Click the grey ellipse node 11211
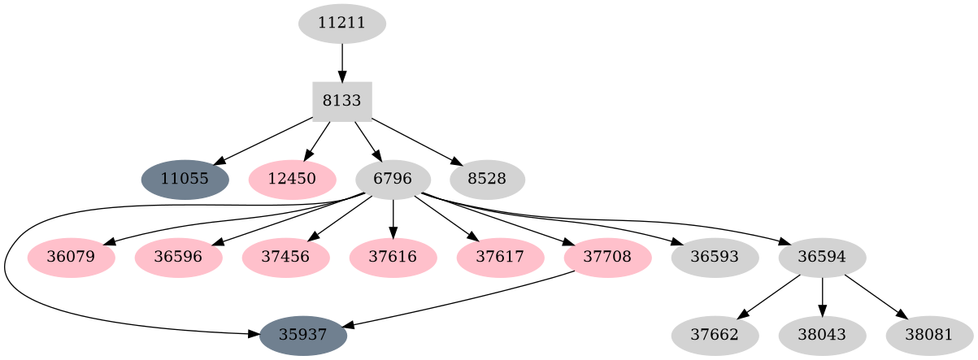341,24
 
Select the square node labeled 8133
341,102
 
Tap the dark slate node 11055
185,180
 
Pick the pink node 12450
292,180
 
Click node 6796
393,180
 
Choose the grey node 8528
487,180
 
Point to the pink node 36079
71,258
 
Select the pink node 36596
178,258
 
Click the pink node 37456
285,258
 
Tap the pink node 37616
393,258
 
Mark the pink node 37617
500,258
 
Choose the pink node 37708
607,258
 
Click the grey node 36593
715,258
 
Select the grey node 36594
822,258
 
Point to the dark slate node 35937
303,336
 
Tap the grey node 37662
715,336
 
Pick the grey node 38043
822,336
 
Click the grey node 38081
929,336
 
